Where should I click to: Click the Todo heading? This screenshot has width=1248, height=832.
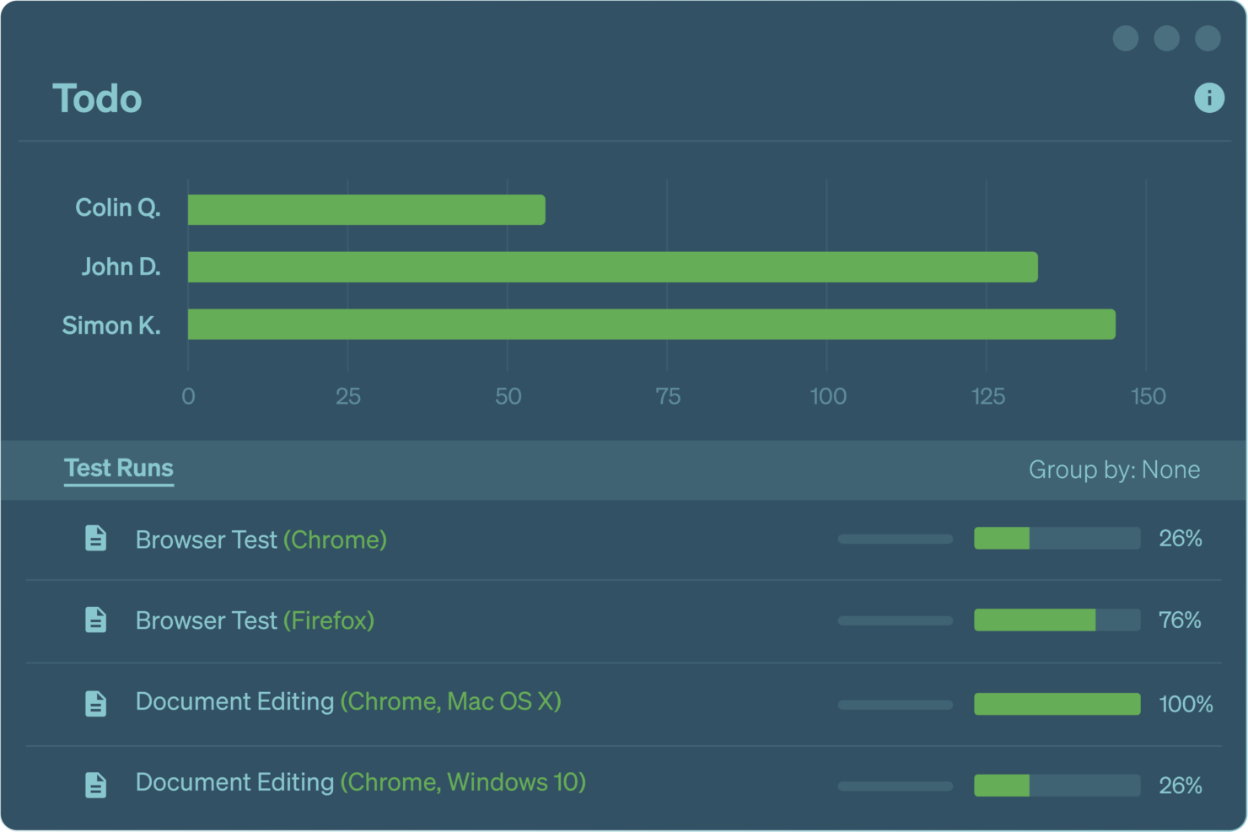[x=97, y=99]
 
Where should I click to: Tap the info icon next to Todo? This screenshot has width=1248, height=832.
[x=1208, y=98]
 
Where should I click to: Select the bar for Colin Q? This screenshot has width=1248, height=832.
[x=366, y=210]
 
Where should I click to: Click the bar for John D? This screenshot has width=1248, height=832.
[x=612, y=267]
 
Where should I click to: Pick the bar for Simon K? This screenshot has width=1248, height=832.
[x=651, y=325]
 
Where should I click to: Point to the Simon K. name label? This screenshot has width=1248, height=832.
[x=111, y=325]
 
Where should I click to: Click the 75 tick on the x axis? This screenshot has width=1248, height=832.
[x=668, y=396]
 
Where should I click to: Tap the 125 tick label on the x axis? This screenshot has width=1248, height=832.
[x=987, y=396]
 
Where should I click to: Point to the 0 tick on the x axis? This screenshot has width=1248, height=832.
[x=188, y=396]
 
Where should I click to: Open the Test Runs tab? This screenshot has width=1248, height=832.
[x=119, y=468]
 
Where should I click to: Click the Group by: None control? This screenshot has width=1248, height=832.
[x=1113, y=470]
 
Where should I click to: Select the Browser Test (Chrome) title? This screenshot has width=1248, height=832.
[x=261, y=539]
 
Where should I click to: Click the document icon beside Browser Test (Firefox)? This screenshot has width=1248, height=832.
[x=96, y=620]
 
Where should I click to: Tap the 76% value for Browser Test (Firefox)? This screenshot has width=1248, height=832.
[x=1180, y=620]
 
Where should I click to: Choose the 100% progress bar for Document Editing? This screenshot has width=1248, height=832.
[x=1057, y=704]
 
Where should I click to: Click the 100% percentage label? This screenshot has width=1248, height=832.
[x=1186, y=704]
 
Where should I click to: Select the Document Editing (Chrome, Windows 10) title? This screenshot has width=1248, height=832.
[x=360, y=782]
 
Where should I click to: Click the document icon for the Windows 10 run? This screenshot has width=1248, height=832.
[x=96, y=785]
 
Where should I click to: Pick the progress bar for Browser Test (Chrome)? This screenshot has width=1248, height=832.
[x=1057, y=538]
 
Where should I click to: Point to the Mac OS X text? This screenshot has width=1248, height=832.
[x=501, y=701]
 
